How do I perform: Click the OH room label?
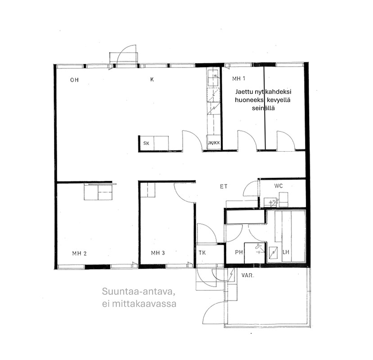(x=74, y=80)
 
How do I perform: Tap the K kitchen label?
(x=152, y=80)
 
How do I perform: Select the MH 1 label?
(x=238, y=78)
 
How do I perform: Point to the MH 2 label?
(x=80, y=253)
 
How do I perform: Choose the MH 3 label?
(x=158, y=253)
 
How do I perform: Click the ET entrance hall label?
(x=224, y=187)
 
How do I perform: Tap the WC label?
(x=279, y=186)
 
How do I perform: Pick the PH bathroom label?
(x=239, y=252)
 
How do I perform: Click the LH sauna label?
(x=286, y=252)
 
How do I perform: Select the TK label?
(x=202, y=253)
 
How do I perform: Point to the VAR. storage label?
(x=248, y=275)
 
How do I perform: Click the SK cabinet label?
(x=146, y=143)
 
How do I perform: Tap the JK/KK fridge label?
(x=214, y=143)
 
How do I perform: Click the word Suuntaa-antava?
(x=139, y=292)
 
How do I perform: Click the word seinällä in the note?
(x=263, y=108)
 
